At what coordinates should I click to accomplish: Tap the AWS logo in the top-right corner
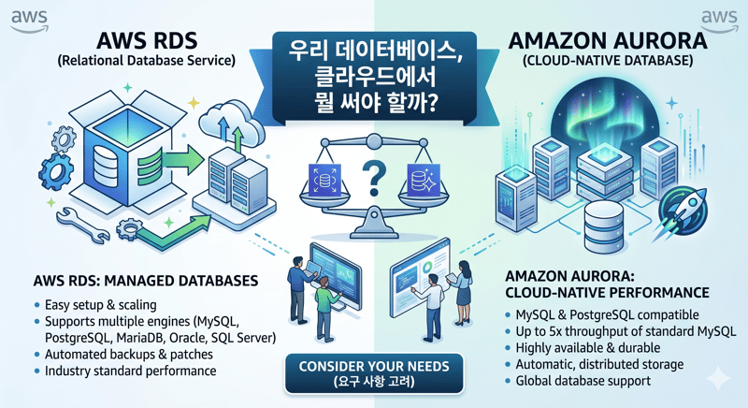click(719, 20)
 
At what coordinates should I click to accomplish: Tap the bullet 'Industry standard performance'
click(131, 372)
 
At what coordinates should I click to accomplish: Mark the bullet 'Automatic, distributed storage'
click(599, 364)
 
